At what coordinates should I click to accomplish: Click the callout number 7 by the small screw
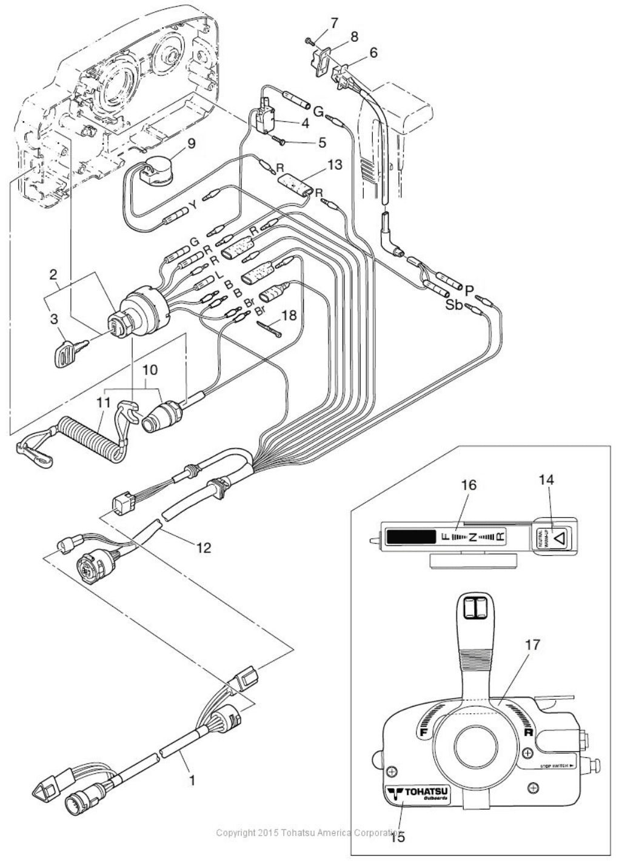point(334,23)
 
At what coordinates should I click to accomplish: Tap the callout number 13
point(335,164)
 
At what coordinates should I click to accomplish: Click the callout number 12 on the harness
point(203,547)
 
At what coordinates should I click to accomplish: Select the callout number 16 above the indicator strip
point(468,485)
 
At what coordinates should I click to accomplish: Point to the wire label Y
point(194,206)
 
